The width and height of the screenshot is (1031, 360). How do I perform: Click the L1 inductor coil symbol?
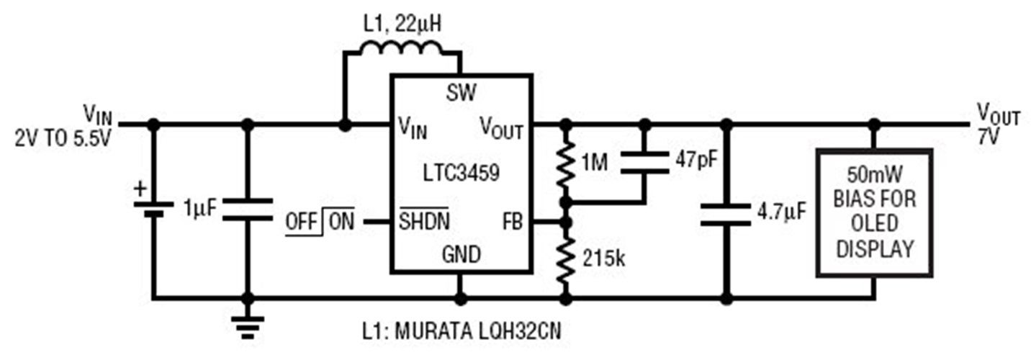[x=402, y=50]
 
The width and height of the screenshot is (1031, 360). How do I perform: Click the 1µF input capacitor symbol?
[x=248, y=209]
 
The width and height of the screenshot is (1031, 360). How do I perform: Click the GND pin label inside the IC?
[x=461, y=254]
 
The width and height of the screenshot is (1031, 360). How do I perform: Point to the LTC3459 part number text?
[x=461, y=174]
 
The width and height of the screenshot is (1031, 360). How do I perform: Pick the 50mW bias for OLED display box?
[x=874, y=212]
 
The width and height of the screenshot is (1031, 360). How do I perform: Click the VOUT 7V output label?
[x=997, y=124]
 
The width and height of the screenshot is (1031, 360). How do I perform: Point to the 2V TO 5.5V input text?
[x=63, y=140]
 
